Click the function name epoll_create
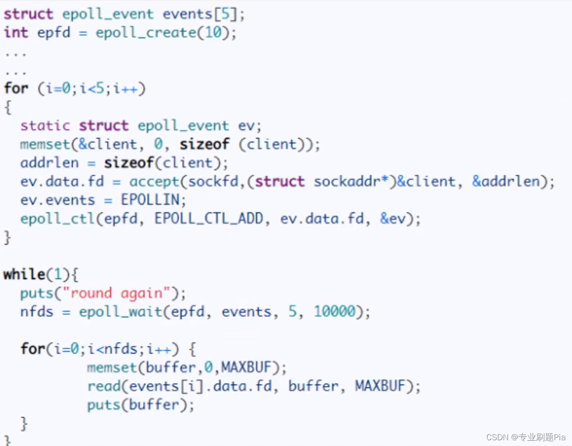coord(146,33)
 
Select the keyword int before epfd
coord(16,33)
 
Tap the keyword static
coord(45,126)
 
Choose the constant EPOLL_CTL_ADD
coord(209,219)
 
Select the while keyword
coord(24,274)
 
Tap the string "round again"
coord(117,293)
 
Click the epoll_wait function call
coord(121,312)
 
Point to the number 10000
coord(335,312)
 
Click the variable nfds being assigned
coord(36,312)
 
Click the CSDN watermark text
coord(525,437)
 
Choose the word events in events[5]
coord(187,14)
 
